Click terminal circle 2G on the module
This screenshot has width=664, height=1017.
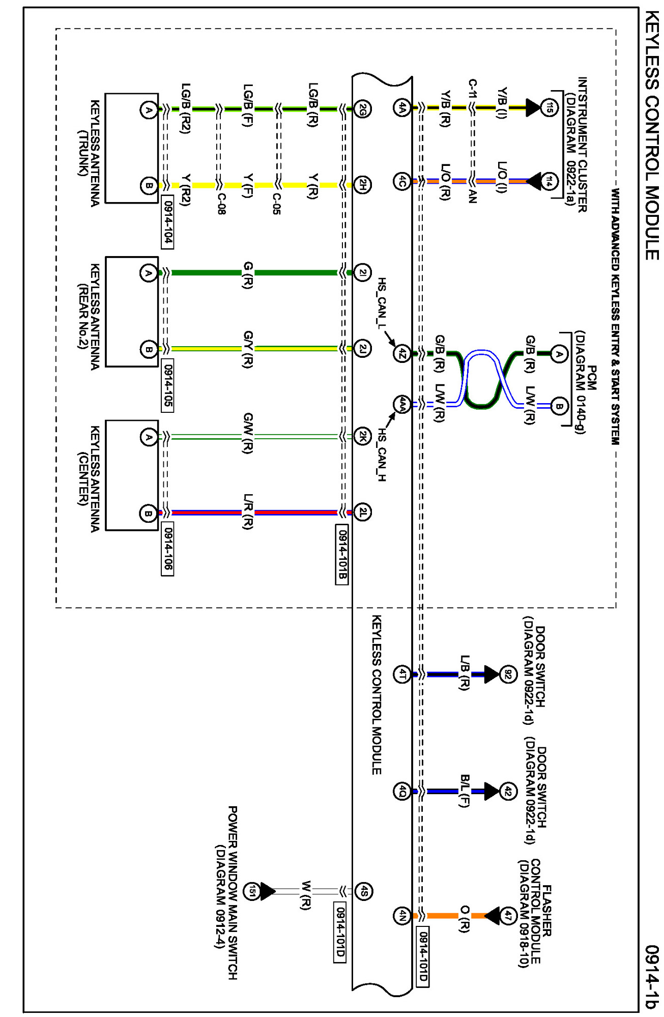[x=362, y=108]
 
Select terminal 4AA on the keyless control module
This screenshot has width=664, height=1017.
[x=402, y=405]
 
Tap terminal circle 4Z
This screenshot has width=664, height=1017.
[x=402, y=353]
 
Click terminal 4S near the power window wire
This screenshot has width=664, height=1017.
[x=363, y=891]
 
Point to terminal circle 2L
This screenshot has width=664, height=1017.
[x=362, y=512]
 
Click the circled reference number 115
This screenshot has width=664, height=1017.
[x=548, y=107]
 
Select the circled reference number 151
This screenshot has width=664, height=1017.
[x=252, y=891]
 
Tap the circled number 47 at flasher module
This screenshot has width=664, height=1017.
[x=508, y=916]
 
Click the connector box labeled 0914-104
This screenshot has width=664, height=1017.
[x=167, y=222]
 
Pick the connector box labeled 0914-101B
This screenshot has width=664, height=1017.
[x=342, y=555]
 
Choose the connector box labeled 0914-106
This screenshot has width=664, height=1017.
[x=167, y=549]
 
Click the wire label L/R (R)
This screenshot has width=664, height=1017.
[x=248, y=511]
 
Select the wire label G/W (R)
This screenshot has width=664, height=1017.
[x=248, y=433]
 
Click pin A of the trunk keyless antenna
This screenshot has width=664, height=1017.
[x=149, y=110]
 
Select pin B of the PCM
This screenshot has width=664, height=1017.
[x=559, y=406]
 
